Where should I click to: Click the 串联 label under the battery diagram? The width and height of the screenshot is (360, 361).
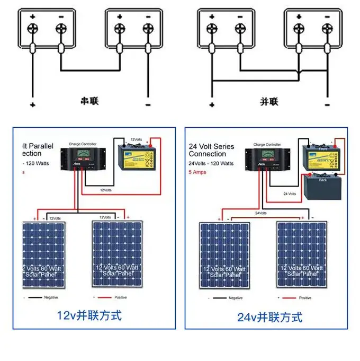coord(89,101)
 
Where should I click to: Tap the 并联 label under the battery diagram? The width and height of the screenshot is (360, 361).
coord(269,101)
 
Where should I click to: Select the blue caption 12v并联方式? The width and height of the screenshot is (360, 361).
coord(89,316)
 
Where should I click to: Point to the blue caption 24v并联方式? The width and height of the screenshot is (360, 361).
coord(270,318)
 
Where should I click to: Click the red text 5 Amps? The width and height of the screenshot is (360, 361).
coord(198,172)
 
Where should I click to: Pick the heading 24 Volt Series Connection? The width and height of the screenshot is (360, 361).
coord(207,150)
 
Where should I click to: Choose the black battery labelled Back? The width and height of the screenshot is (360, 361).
coord(323,187)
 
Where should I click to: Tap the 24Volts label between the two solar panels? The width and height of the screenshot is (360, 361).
coord(261,213)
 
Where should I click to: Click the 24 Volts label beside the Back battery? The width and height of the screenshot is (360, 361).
coord(290,194)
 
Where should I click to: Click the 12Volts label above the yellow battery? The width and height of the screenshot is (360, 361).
coord(136,139)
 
